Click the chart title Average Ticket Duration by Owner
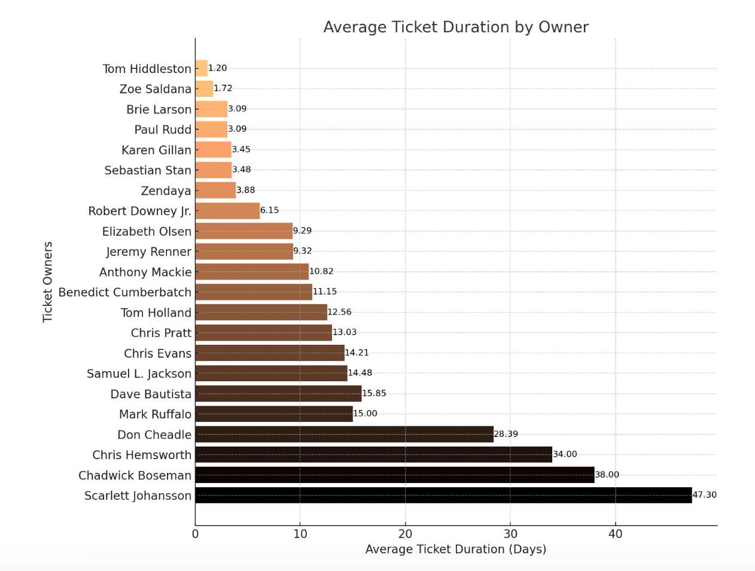[x=456, y=28]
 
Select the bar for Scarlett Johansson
[x=443, y=495]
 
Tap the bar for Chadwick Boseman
[x=395, y=475]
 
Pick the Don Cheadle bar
[x=344, y=434]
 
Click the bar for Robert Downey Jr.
[x=227, y=211]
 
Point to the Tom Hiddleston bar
[x=202, y=68]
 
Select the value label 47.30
[x=704, y=495]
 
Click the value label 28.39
[x=506, y=434]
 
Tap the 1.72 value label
[x=223, y=88]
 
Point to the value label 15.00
[x=365, y=414]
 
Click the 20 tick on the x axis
[x=405, y=534]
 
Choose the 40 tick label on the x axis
[x=615, y=534]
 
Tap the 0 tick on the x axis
[x=195, y=534]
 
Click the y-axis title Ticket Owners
[x=48, y=282]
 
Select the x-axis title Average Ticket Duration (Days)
[x=456, y=549]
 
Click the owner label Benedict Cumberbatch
[x=124, y=292]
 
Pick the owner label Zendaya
[x=166, y=191]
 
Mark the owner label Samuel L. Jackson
[x=139, y=373]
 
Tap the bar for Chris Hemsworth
[x=373, y=454]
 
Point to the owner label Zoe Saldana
[x=155, y=89]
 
